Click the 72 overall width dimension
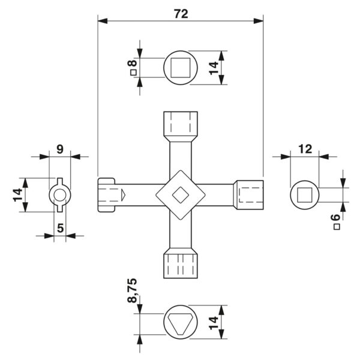pyautogui.click(x=181, y=14)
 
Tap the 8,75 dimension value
pyautogui.click(x=132, y=290)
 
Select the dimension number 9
pyautogui.click(x=60, y=149)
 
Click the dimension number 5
pyautogui.click(x=60, y=228)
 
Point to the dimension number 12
pyautogui.click(x=305, y=149)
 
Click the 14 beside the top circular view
pyautogui.click(x=214, y=68)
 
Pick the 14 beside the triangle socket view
pyautogui.click(x=214, y=323)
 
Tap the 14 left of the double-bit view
pyautogui.click(x=17, y=195)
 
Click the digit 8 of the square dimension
pyautogui.click(x=133, y=63)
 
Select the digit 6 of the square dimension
pyautogui.click(x=336, y=217)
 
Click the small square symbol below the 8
pyautogui.click(x=133, y=73)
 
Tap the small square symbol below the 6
pyautogui.click(x=337, y=227)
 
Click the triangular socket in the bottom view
pyautogui.click(x=181, y=322)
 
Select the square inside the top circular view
pyautogui.click(x=181, y=68)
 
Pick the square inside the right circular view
pyautogui.click(x=305, y=195)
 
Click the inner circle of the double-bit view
pyautogui.click(x=60, y=195)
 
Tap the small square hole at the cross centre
pyautogui.click(x=181, y=195)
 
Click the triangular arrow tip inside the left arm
pyautogui.click(x=124, y=195)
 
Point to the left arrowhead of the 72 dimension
pyautogui.click(x=103, y=21)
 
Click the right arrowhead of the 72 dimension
pyautogui.click(x=258, y=21)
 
